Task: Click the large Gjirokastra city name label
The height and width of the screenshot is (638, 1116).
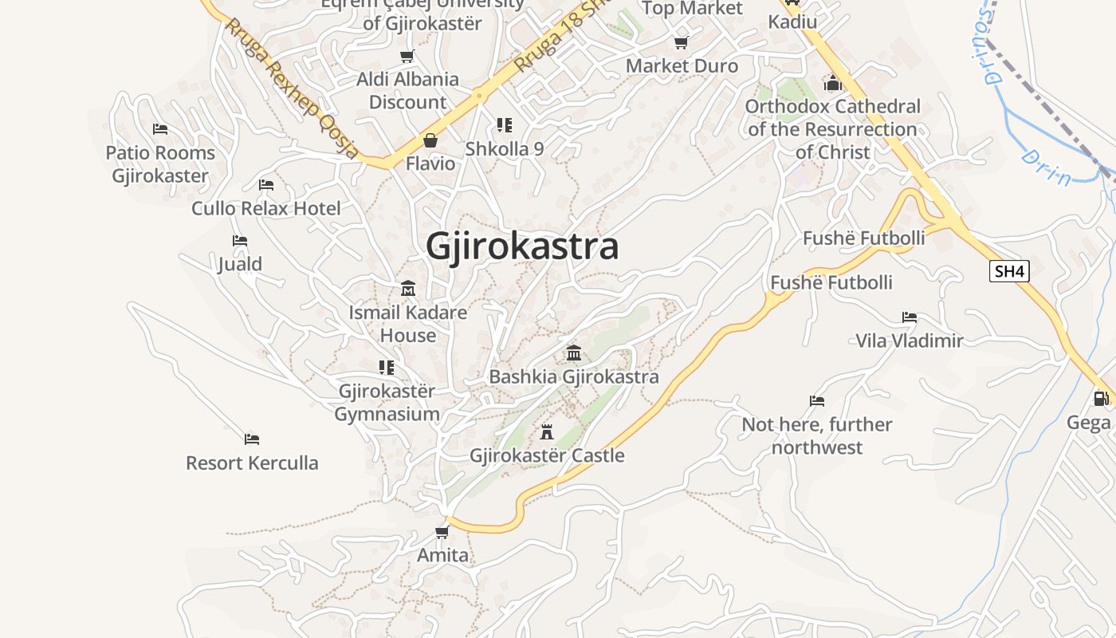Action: [x=522, y=246]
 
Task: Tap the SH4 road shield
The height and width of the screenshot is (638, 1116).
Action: [x=1009, y=271]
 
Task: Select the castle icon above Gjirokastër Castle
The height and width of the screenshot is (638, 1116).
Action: [x=547, y=432]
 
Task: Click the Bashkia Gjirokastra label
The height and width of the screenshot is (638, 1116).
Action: [x=574, y=376]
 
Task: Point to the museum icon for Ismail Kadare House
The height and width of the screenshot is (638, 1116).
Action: [x=408, y=288]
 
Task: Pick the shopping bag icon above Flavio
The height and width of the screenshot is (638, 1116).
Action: [x=430, y=141]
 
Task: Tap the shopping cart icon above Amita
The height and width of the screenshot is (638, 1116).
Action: [x=442, y=532]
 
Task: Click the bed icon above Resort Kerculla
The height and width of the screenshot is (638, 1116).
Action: [x=252, y=439]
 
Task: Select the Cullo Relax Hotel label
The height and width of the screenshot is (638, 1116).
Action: [x=265, y=208]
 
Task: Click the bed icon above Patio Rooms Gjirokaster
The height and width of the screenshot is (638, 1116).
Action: [x=160, y=129]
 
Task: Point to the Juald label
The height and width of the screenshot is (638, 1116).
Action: [x=239, y=264]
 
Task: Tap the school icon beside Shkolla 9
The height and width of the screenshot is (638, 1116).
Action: [x=504, y=125]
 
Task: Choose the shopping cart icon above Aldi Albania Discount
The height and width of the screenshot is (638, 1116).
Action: [x=407, y=57]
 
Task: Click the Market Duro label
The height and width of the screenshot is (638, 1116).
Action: [x=682, y=65]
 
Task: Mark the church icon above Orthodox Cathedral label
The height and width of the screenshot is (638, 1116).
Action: [x=833, y=83]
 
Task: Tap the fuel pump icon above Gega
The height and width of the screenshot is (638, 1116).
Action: [x=1101, y=398]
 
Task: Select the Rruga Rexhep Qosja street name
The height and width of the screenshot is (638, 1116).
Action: [x=291, y=88]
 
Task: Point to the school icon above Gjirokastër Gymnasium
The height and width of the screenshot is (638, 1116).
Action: [x=387, y=368]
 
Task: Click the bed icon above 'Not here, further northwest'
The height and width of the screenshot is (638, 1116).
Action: [x=816, y=401]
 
